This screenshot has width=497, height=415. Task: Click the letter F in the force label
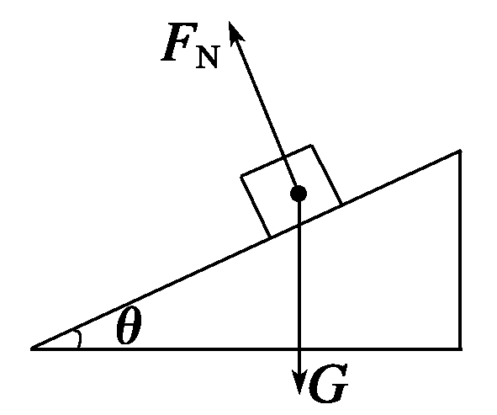coord(180,41)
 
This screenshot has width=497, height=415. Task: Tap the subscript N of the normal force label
coord(207,57)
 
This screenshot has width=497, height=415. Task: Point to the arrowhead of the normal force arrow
coord(235,32)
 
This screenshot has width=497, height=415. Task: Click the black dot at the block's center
coord(299,194)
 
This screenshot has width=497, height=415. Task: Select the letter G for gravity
coord(328,383)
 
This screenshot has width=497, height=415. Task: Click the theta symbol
coord(129,326)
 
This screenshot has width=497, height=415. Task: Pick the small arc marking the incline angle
coord(78,339)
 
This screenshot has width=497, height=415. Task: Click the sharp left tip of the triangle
coord(31,349)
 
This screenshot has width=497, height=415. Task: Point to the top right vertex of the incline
coord(460,151)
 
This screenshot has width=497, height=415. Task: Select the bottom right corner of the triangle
coord(461,349)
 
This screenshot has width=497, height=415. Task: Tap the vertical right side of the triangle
coord(460,250)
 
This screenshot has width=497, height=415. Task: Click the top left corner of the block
coord(241,175)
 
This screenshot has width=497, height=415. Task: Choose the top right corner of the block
coord(312,146)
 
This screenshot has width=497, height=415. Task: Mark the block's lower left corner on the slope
coord(270,237)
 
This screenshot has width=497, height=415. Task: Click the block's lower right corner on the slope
coord(341,205)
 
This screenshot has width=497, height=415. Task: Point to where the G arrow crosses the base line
coord(299,349)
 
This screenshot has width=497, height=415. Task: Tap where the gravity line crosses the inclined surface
coord(299,224)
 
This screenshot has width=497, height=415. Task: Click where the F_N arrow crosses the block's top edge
coord(283,157)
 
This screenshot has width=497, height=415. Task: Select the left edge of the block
coord(256,206)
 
